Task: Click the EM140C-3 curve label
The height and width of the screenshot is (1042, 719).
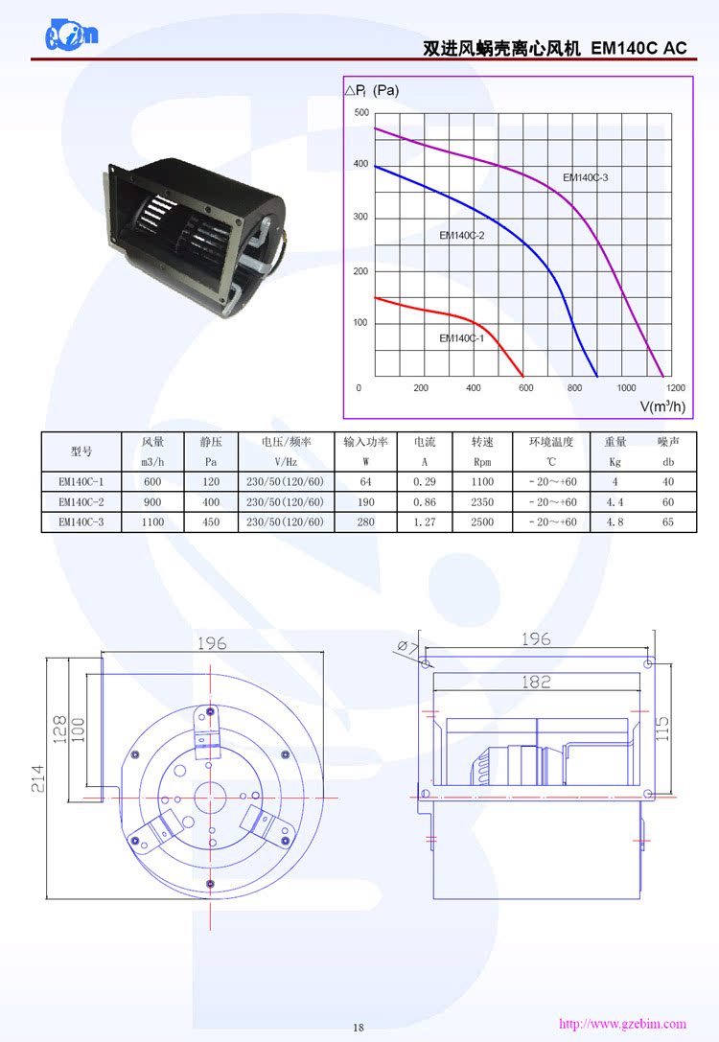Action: tap(585, 177)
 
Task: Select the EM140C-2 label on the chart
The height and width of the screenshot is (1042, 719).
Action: tap(462, 235)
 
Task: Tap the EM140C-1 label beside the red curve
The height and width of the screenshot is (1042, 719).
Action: tap(462, 337)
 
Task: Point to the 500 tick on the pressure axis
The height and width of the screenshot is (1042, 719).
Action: tap(360, 113)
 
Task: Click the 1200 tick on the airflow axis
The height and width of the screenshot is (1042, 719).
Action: tap(675, 387)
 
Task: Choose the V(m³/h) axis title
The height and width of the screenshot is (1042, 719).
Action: tap(662, 405)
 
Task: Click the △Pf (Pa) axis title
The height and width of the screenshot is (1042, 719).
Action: tap(372, 91)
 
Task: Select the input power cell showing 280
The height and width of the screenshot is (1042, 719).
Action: tap(365, 522)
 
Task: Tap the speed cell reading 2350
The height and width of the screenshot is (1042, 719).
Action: tap(482, 502)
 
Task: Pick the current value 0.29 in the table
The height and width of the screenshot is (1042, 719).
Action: tap(425, 482)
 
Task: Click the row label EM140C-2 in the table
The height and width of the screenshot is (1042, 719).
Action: tap(81, 502)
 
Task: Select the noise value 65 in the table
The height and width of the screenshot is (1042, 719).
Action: tap(667, 522)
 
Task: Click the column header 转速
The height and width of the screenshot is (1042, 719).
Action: tap(482, 442)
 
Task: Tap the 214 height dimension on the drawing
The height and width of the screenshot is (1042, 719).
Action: tap(36, 777)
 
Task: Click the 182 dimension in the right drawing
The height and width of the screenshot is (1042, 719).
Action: tap(536, 682)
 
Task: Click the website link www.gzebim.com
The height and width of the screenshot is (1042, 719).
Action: tap(622, 1024)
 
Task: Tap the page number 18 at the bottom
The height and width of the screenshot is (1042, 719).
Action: tap(359, 1028)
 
